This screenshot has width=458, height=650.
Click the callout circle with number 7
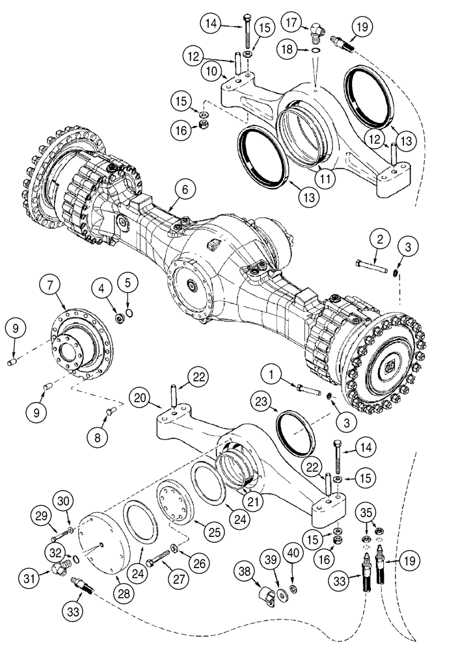click(x=52, y=284)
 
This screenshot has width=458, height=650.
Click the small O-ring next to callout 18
click(x=316, y=51)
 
